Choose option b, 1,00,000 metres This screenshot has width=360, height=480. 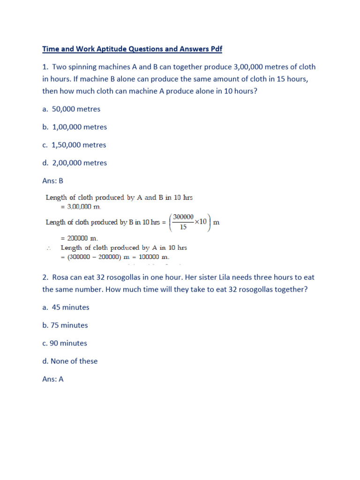(75, 127)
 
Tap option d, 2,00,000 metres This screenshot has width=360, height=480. (75, 163)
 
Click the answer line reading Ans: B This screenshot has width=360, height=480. (52, 180)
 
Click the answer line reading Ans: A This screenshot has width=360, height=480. (52, 379)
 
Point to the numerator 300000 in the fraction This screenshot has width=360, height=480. (183, 217)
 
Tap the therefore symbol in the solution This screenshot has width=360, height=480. (49, 248)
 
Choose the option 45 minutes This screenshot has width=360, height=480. (70, 307)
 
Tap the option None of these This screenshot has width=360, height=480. (75, 361)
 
